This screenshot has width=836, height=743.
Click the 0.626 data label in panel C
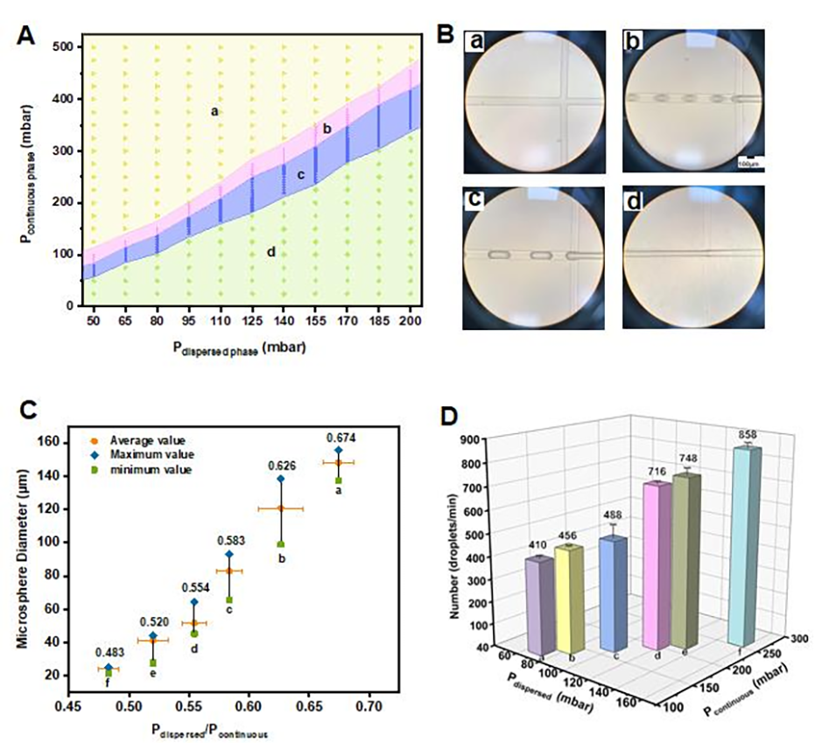[281, 465]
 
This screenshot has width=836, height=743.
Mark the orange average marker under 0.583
[229, 571]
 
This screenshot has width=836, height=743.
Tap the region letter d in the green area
[271, 252]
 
